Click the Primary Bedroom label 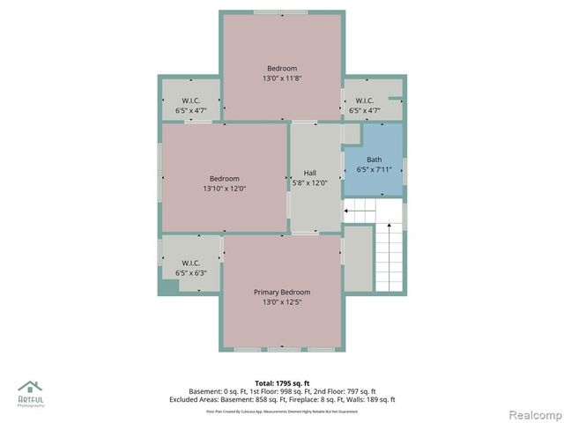[282, 292]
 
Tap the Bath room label [375, 160]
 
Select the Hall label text [310, 173]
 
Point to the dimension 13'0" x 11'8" [282, 78]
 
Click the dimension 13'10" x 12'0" [224, 188]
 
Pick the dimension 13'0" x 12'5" [282, 302]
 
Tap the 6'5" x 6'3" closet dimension [190, 273]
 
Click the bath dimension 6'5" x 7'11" [375, 169]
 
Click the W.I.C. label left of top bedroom [191, 100]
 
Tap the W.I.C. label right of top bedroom [365, 100]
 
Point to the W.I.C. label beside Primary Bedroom [190, 263]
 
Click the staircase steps [389, 256]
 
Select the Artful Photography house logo [31, 388]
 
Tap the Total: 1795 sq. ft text [282, 382]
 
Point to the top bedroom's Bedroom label [282, 68]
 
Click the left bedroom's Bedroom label [224, 178]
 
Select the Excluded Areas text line [282, 399]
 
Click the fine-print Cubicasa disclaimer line [282, 411]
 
